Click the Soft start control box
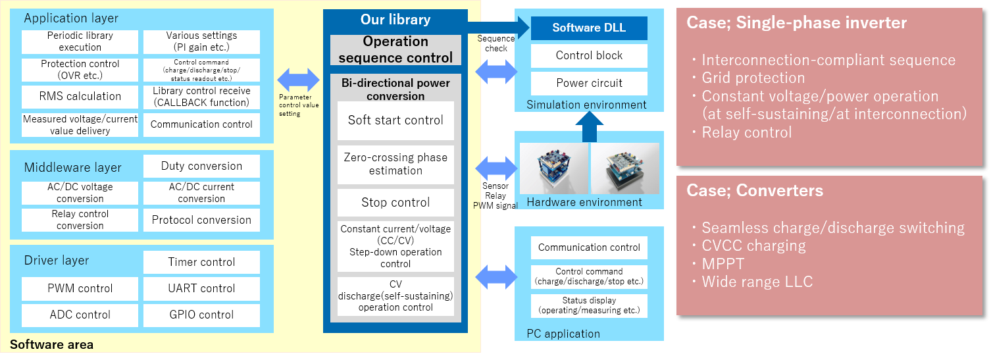tap(395, 120)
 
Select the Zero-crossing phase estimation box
tap(395, 165)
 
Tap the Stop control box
tap(395, 203)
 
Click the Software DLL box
tap(589, 28)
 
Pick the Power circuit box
tap(589, 83)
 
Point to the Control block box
tap(589, 55)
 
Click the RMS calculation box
tap(80, 96)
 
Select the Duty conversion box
tap(201, 167)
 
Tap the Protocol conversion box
tap(201, 220)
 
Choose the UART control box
tap(201, 288)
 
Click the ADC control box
tap(80, 315)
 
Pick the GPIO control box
tap(201, 315)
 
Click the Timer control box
tap(201, 262)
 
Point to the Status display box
tap(589, 305)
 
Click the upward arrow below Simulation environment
tap(590, 127)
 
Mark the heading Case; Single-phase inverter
tap(796, 23)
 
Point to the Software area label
tap(51, 344)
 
